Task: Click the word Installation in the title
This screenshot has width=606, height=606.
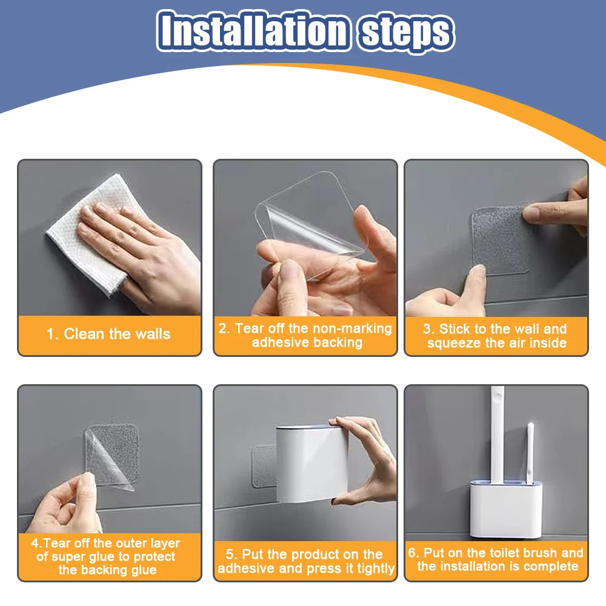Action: click(x=254, y=30)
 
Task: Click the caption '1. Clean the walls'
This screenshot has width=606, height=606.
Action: click(x=108, y=334)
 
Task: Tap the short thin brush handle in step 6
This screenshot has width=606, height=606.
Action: click(x=530, y=453)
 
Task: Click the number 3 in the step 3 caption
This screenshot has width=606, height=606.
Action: click(x=426, y=329)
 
